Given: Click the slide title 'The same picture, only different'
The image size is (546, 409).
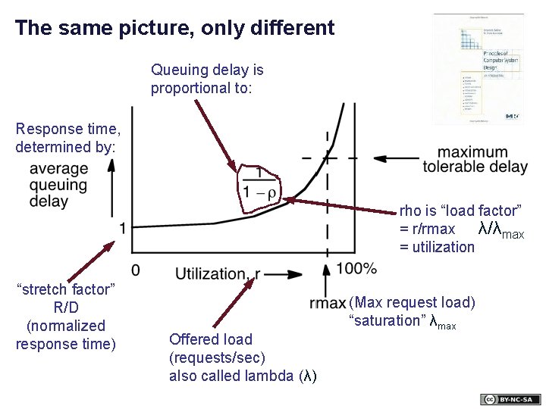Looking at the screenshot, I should click(174, 29).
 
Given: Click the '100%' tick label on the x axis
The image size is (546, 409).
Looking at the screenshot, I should click(356, 268).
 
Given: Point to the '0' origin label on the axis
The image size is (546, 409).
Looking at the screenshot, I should click(135, 270).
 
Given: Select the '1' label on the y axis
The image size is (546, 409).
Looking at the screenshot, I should click(122, 228).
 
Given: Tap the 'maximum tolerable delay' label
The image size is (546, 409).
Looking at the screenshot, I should click(475, 159).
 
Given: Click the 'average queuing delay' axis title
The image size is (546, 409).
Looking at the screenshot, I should click(59, 185).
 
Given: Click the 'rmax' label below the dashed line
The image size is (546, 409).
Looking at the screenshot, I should click(328, 304).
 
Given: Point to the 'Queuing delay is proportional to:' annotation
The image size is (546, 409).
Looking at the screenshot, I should click(207, 79).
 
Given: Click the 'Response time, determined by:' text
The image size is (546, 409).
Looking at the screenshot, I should click(67, 137).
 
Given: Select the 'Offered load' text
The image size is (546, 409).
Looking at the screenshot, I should click(211, 339).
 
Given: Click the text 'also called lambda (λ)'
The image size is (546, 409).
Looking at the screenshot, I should click(243, 376).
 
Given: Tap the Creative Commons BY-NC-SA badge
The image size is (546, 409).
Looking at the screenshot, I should click(510, 399).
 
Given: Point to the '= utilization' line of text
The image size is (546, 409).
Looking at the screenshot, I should click(437, 247).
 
